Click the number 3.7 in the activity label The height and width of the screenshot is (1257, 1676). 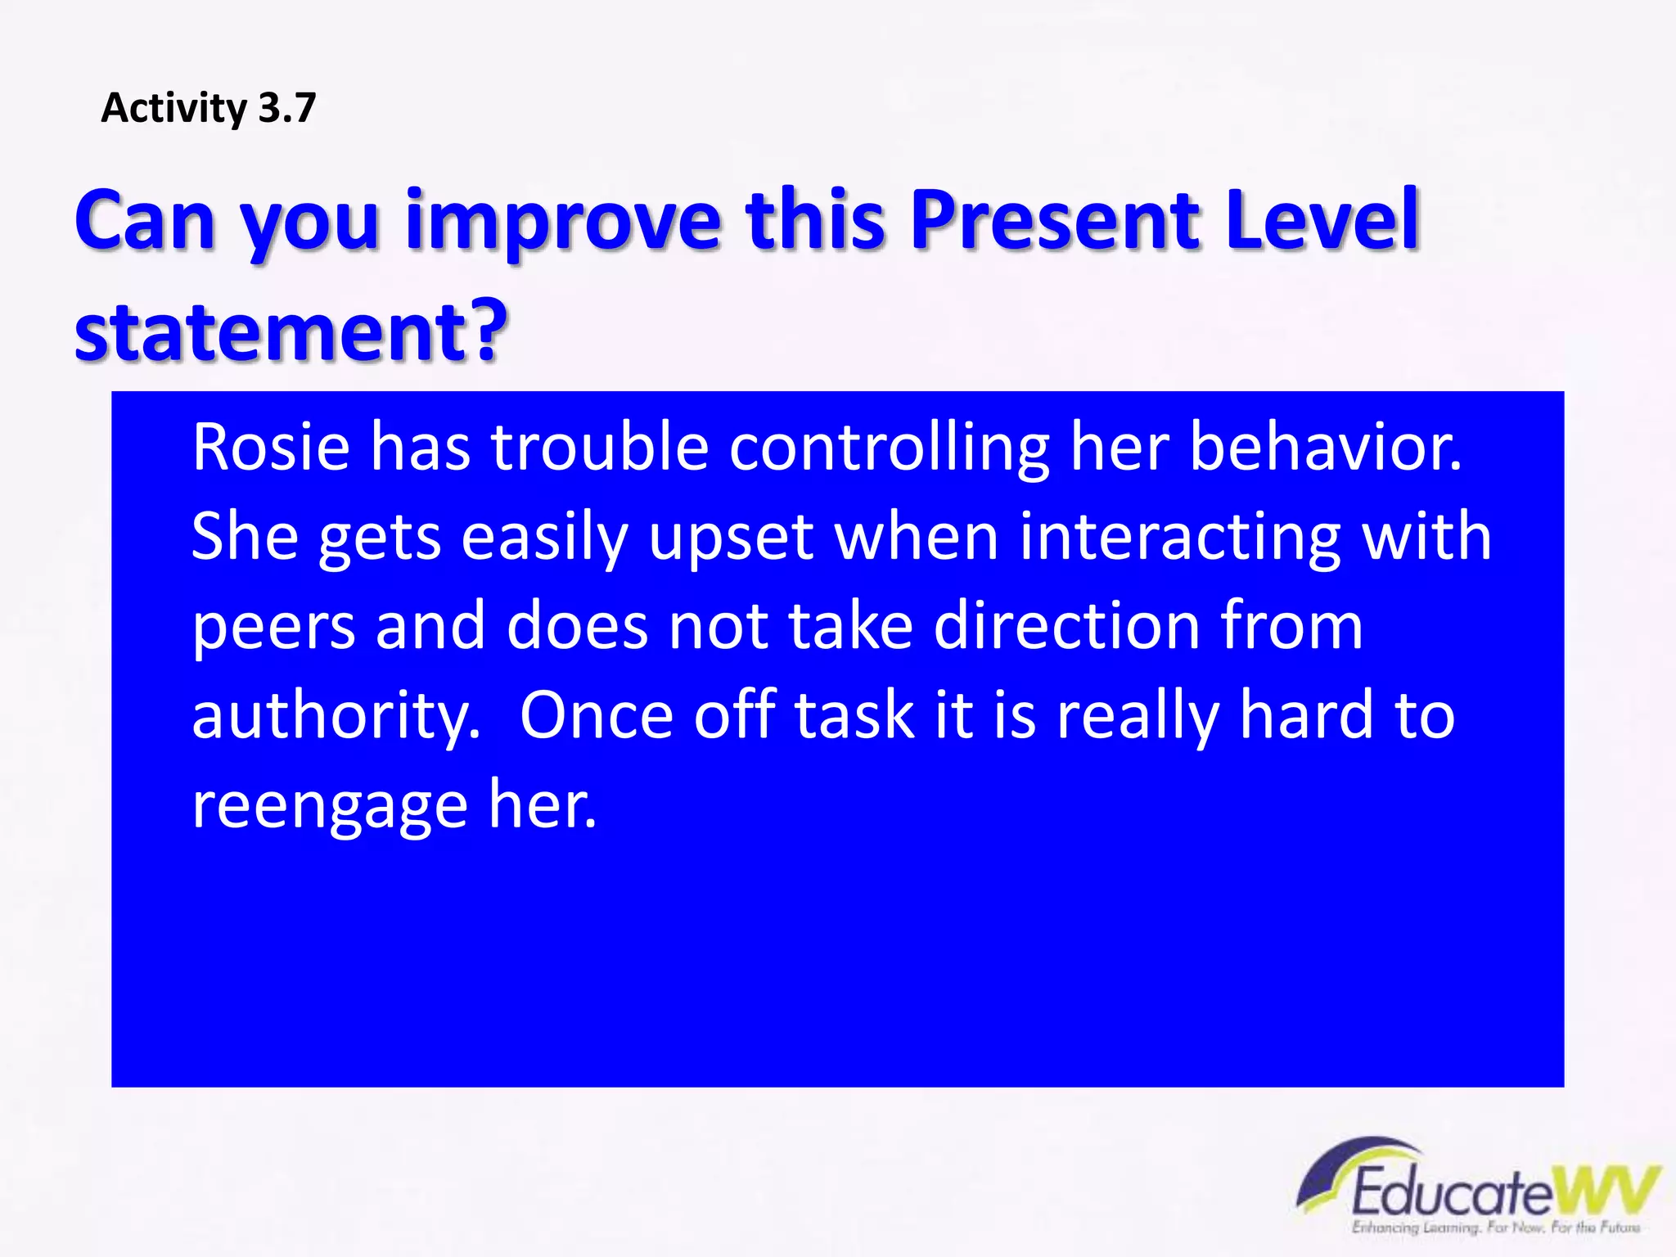tap(286, 108)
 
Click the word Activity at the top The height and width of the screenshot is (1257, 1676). tap(173, 108)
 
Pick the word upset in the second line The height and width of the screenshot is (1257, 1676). tap(731, 538)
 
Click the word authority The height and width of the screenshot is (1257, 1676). tap(336, 716)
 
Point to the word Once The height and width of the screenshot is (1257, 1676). tap(597, 715)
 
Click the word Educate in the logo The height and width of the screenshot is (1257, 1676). tap(1450, 1192)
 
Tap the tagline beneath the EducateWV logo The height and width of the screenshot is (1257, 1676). tap(1496, 1228)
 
